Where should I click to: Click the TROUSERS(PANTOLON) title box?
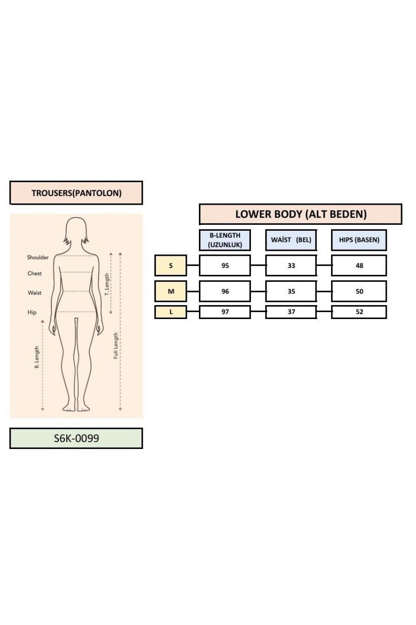coord(76,193)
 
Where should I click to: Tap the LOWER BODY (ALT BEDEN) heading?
coord(301,214)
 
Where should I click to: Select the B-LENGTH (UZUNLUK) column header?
coord(225,240)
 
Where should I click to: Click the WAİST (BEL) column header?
coord(291,240)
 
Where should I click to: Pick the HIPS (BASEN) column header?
coord(359,240)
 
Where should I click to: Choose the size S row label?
coord(171,265)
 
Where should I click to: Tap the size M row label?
coord(171,291)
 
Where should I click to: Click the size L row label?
coord(171,312)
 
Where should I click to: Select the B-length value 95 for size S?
coord(225,265)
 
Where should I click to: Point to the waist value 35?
coord(291,291)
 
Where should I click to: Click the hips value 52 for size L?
coord(359,312)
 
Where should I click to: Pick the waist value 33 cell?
coord(291,265)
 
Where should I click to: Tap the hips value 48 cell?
coord(359,265)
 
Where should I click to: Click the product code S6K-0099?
coord(76,438)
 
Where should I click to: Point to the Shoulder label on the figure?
coord(38,257)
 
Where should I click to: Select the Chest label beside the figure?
coord(34,273)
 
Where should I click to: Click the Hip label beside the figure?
coord(32,312)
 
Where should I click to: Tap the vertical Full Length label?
coord(115,345)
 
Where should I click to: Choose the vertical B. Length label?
coord(37,357)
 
